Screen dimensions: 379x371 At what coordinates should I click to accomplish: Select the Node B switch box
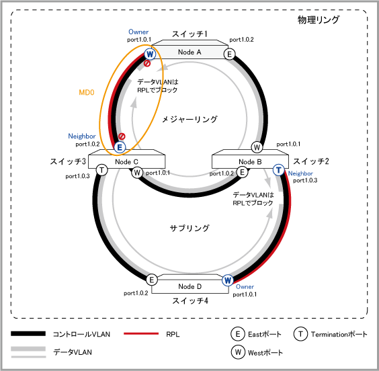tap(250, 159)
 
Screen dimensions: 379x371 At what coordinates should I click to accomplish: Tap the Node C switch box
tap(126, 159)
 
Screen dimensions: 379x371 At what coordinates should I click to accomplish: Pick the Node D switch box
tap(190, 284)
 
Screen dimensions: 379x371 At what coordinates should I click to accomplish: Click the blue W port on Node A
tap(150, 54)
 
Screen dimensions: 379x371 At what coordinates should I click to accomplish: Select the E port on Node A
tap(229, 54)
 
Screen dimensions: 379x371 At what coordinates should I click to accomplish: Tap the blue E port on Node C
tap(120, 147)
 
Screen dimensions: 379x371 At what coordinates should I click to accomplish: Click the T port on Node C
tap(102, 170)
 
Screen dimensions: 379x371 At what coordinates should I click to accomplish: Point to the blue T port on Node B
tap(279, 170)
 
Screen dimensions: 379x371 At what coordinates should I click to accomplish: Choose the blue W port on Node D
tap(228, 280)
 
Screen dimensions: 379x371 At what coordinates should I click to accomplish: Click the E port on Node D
tap(152, 280)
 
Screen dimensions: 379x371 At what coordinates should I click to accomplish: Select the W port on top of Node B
tap(257, 147)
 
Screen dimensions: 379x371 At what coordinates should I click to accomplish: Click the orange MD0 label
tap(87, 92)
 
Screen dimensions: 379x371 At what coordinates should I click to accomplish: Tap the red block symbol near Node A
tap(147, 64)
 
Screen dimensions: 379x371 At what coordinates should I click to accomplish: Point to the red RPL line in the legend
tap(141, 333)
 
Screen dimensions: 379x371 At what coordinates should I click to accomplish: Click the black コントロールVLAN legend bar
tap(28, 334)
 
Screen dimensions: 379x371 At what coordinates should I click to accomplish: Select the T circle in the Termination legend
tap(300, 334)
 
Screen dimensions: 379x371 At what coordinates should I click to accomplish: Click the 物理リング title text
tap(319, 19)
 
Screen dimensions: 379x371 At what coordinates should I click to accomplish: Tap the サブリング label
tap(189, 228)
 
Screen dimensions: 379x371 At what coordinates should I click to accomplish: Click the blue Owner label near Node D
tap(245, 286)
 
